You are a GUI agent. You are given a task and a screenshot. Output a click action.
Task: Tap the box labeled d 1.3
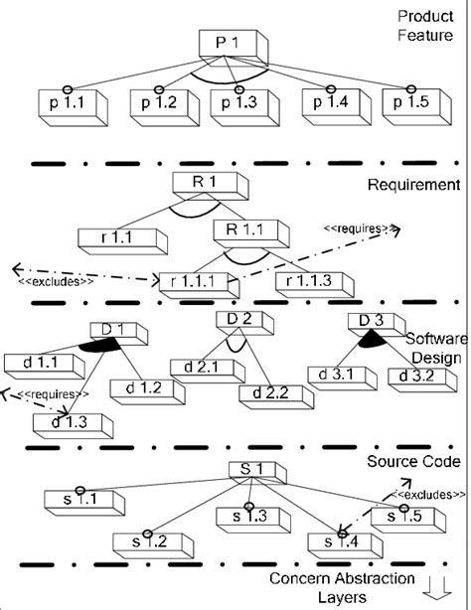coord(65,422)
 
